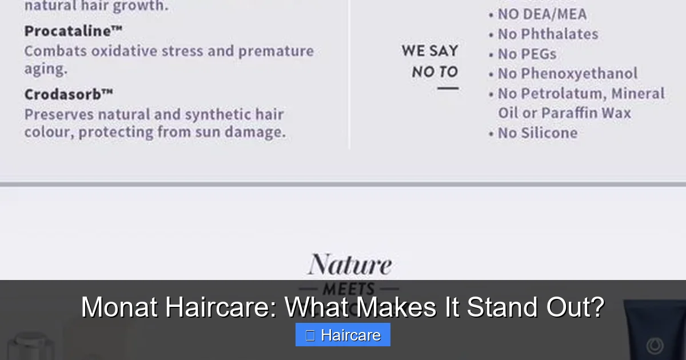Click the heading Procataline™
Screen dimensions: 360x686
73,31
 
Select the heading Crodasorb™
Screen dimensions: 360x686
69,94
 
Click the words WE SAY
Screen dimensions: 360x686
430,51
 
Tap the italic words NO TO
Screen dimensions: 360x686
435,72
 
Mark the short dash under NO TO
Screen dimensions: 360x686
448,89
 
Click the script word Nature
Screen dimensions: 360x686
350,265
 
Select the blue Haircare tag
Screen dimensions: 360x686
343,335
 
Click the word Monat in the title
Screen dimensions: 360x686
119,307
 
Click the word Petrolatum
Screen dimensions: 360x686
563,94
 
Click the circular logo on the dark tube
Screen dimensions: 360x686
655,345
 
